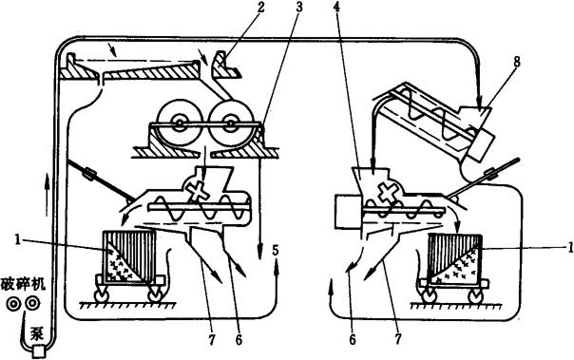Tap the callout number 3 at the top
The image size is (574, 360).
pos(299,8)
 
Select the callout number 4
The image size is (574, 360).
pos(336,8)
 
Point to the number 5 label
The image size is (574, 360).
pos(276,251)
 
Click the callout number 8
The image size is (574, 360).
pos(517,62)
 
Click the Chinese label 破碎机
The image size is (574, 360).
pos(24,284)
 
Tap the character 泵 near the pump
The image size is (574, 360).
pos(37,334)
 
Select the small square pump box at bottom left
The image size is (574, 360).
pos(38,351)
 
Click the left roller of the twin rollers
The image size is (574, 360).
pos(179,123)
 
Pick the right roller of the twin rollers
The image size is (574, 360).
pos(231,123)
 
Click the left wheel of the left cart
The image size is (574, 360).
pos(101,294)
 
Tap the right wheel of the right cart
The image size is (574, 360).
pos(477,295)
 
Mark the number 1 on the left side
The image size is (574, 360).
pos(17,240)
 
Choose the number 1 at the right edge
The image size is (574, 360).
pos(569,248)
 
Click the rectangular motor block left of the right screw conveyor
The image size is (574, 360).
pos(348,212)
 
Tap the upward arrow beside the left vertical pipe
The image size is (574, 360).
pos(47,195)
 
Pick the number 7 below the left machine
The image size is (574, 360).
pos(212,340)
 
